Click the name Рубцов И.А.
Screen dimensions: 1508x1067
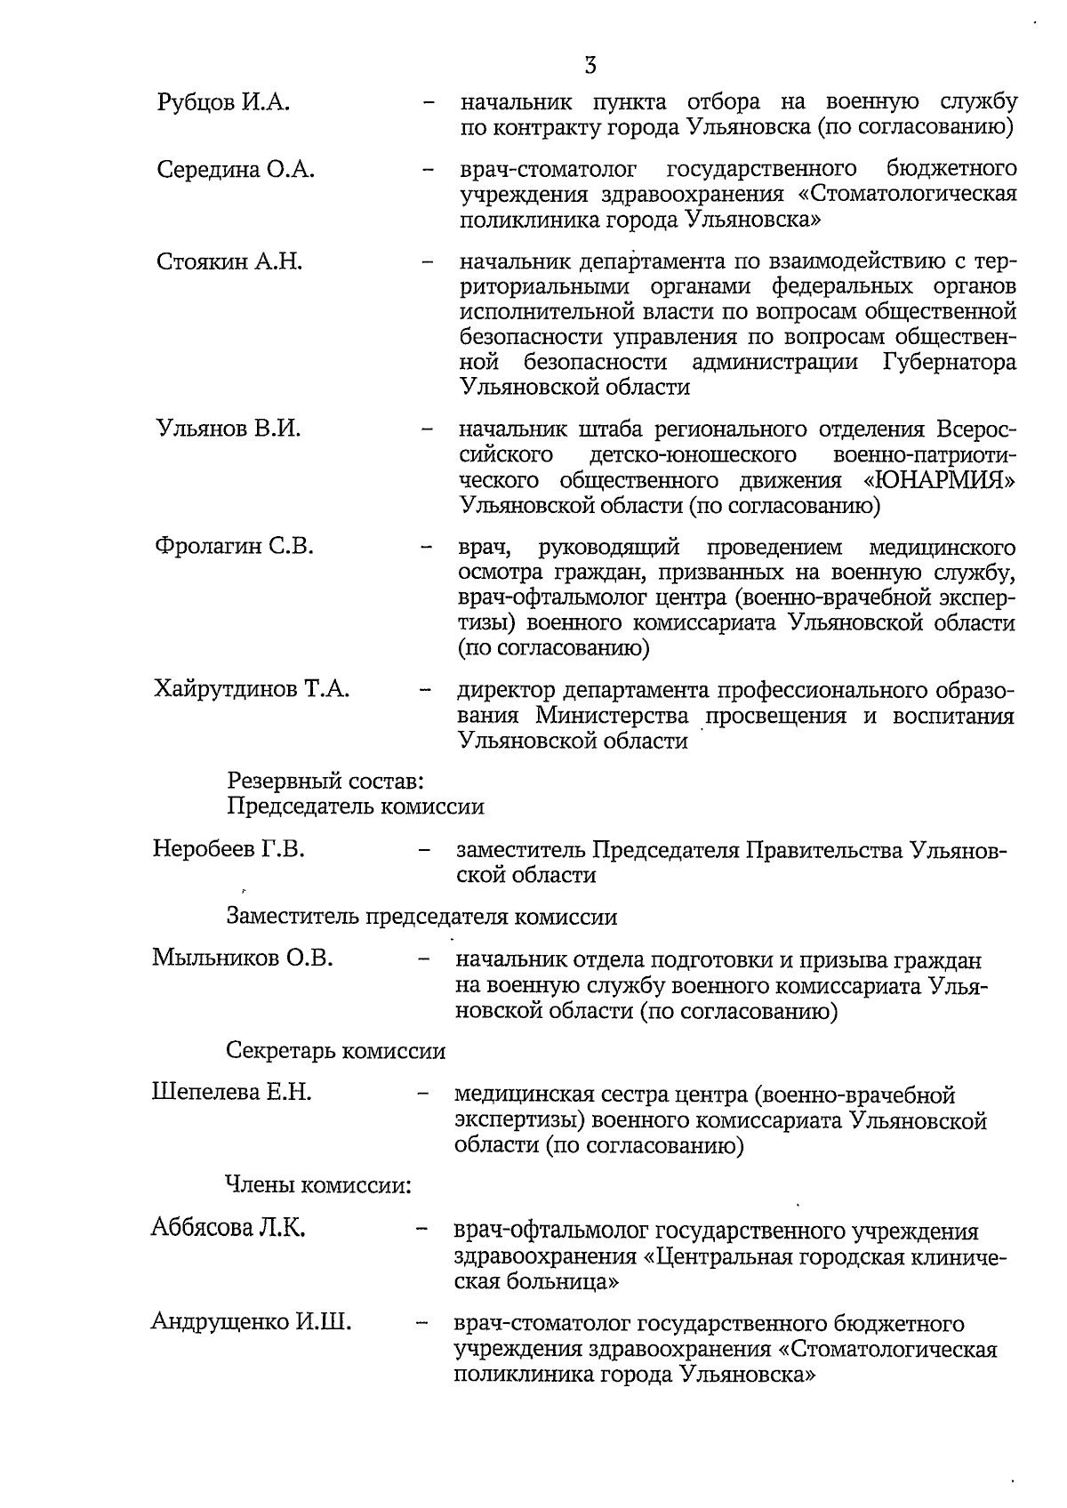[x=223, y=102]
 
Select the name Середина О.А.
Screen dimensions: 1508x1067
[x=236, y=170]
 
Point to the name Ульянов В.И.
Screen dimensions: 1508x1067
[x=229, y=429]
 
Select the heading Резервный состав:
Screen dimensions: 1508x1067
[x=324, y=782]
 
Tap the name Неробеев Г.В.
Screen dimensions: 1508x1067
[x=229, y=849]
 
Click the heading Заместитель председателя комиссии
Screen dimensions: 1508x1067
[x=421, y=917]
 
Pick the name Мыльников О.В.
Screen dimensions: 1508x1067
[x=242, y=959]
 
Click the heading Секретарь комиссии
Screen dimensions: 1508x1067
[x=336, y=1051]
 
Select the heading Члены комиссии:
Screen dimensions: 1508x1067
[x=317, y=1185]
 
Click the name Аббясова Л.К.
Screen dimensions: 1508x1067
[x=229, y=1229]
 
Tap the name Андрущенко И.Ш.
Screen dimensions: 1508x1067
[x=251, y=1322]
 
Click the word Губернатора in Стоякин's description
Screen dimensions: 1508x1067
[x=950, y=363]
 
